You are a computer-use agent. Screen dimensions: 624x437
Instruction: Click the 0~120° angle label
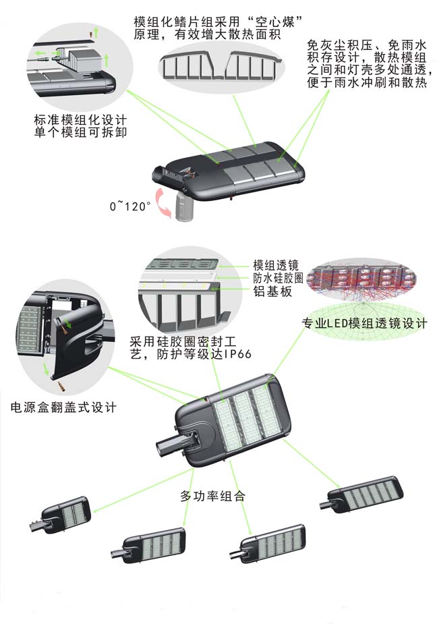click(130, 206)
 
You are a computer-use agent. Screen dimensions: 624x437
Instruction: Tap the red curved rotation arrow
click(162, 203)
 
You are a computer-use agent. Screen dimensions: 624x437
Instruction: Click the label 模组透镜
click(275, 264)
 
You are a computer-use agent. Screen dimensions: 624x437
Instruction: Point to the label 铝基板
click(268, 291)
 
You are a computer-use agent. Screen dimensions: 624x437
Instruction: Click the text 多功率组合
click(212, 496)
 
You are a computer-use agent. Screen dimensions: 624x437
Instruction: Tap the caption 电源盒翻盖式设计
click(64, 407)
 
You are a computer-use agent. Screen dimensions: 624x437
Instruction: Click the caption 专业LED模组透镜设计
click(364, 324)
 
